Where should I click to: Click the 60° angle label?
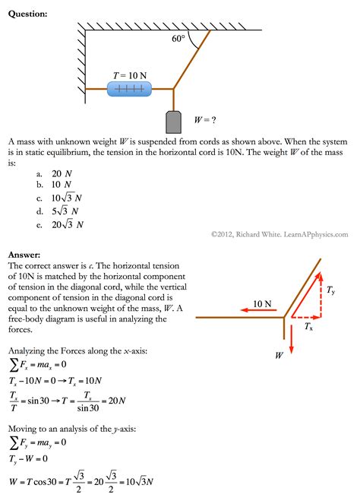[178, 39]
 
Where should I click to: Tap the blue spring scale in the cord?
[129, 90]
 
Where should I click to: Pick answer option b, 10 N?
[62, 185]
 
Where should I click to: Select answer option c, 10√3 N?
[66, 198]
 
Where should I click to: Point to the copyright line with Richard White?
[279, 236]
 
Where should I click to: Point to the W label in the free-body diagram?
[279, 354]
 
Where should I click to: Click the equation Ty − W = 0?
[30, 458]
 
